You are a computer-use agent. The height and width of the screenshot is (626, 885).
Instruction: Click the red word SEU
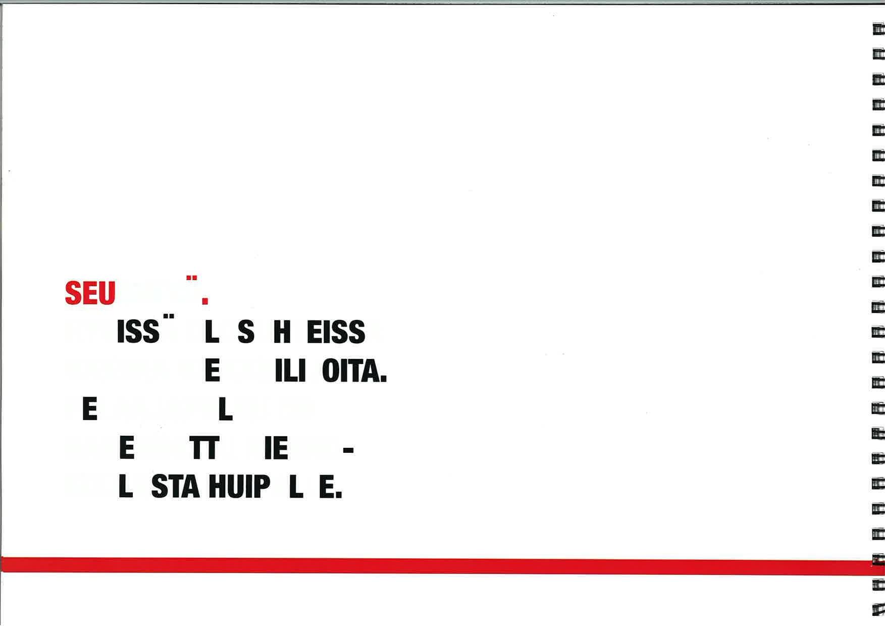(x=90, y=293)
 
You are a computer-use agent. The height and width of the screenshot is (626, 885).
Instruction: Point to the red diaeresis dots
(x=191, y=278)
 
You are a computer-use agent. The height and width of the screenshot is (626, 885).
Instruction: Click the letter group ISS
(x=137, y=332)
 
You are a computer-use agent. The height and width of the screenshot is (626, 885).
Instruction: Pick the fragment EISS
(x=335, y=332)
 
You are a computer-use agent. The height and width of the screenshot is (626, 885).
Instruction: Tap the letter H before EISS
(x=282, y=332)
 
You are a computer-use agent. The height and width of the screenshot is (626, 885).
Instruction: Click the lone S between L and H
(x=246, y=332)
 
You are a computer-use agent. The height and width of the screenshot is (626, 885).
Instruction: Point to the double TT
(x=205, y=448)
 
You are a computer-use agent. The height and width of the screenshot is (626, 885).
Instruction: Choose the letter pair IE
(x=276, y=448)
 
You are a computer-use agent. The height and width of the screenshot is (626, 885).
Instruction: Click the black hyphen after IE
(x=348, y=448)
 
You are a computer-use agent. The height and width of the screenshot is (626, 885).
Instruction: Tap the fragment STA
(x=175, y=487)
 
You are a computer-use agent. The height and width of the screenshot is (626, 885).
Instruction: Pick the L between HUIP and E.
(x=296, y=487)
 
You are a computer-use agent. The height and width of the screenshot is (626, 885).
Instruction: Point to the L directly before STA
(x=126, y=487)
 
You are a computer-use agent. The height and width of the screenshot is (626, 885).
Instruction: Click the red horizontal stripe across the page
(x=434, y=565)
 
